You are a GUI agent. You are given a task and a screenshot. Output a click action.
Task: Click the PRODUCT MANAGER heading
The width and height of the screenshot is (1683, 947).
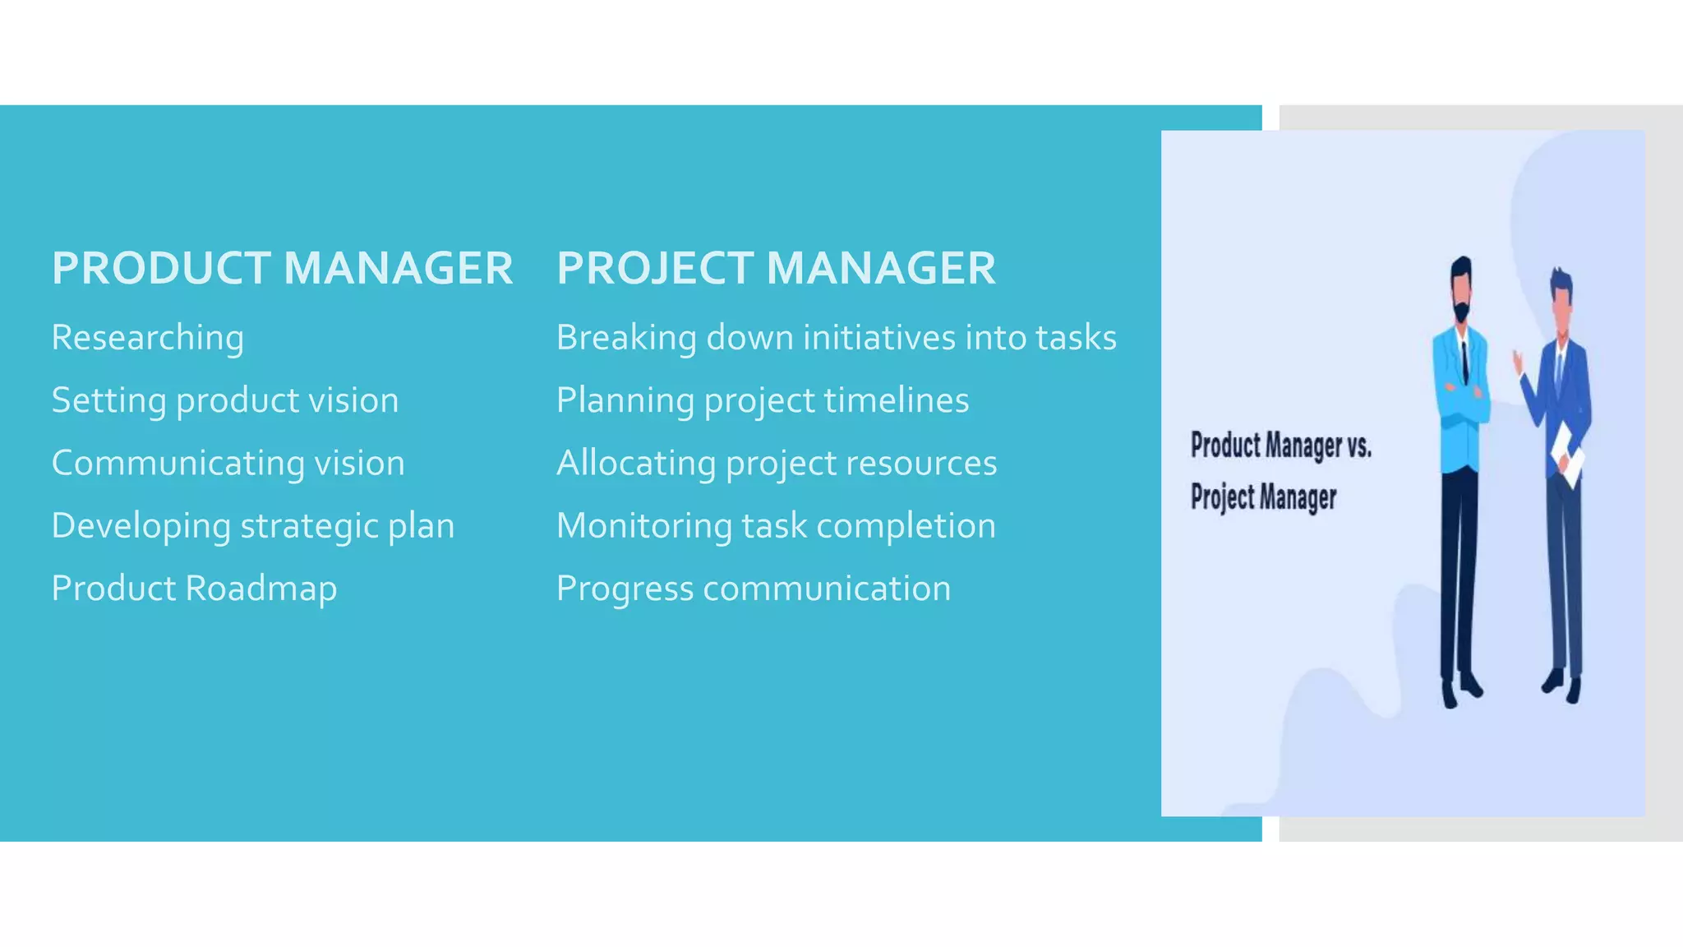click(282, 268)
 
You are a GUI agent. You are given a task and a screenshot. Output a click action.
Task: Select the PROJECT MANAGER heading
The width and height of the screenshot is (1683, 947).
click(776, 268)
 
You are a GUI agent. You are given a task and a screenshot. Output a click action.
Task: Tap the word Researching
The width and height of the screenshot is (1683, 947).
click(148, 338)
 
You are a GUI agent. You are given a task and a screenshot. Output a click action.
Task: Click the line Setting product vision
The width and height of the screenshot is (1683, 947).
click(225, 400)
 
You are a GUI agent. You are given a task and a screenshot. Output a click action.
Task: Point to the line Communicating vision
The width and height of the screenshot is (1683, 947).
click(228, 463)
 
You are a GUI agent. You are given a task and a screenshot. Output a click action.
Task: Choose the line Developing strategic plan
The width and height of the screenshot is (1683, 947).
click(253, 526)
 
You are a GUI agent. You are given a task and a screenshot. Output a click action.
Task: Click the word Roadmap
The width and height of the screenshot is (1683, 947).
click(261, 589)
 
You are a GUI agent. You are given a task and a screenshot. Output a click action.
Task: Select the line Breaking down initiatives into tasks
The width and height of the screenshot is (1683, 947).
click(837, 338)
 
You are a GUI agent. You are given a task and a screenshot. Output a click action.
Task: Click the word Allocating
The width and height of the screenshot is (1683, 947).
click(636, 463)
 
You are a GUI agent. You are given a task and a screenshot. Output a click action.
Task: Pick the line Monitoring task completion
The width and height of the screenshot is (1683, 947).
click(776, 526)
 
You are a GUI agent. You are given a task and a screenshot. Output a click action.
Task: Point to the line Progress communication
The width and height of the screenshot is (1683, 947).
click(754, 589)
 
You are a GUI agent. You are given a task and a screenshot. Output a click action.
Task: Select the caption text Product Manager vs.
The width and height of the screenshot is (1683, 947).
click(1280, 446)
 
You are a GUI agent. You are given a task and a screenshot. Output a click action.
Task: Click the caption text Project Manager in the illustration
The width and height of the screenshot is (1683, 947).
click(1263, 497)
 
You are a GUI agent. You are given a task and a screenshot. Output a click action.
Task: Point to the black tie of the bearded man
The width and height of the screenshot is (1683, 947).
click(1464, 362)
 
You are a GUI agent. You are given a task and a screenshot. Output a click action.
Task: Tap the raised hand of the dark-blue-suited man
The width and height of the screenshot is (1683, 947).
click(1518, 359)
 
